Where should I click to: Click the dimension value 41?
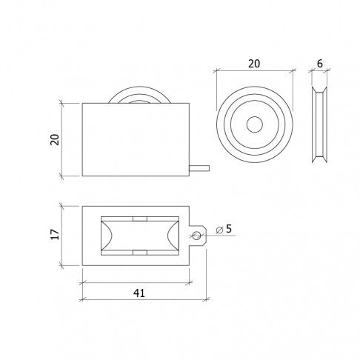tap(139, 293)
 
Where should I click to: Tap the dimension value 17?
tap(55, 234)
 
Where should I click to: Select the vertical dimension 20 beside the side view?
tap(55, 139)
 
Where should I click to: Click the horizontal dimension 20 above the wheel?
tap(254, 64)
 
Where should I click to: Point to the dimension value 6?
tap(320, 64)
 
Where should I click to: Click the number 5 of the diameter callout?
tap(229, 229)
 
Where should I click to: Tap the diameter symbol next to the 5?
tap(219, 230)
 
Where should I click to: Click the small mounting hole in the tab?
tap(196, 236)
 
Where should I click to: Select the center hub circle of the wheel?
tap(255, 124)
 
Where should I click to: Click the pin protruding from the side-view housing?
tap(199, 168)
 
